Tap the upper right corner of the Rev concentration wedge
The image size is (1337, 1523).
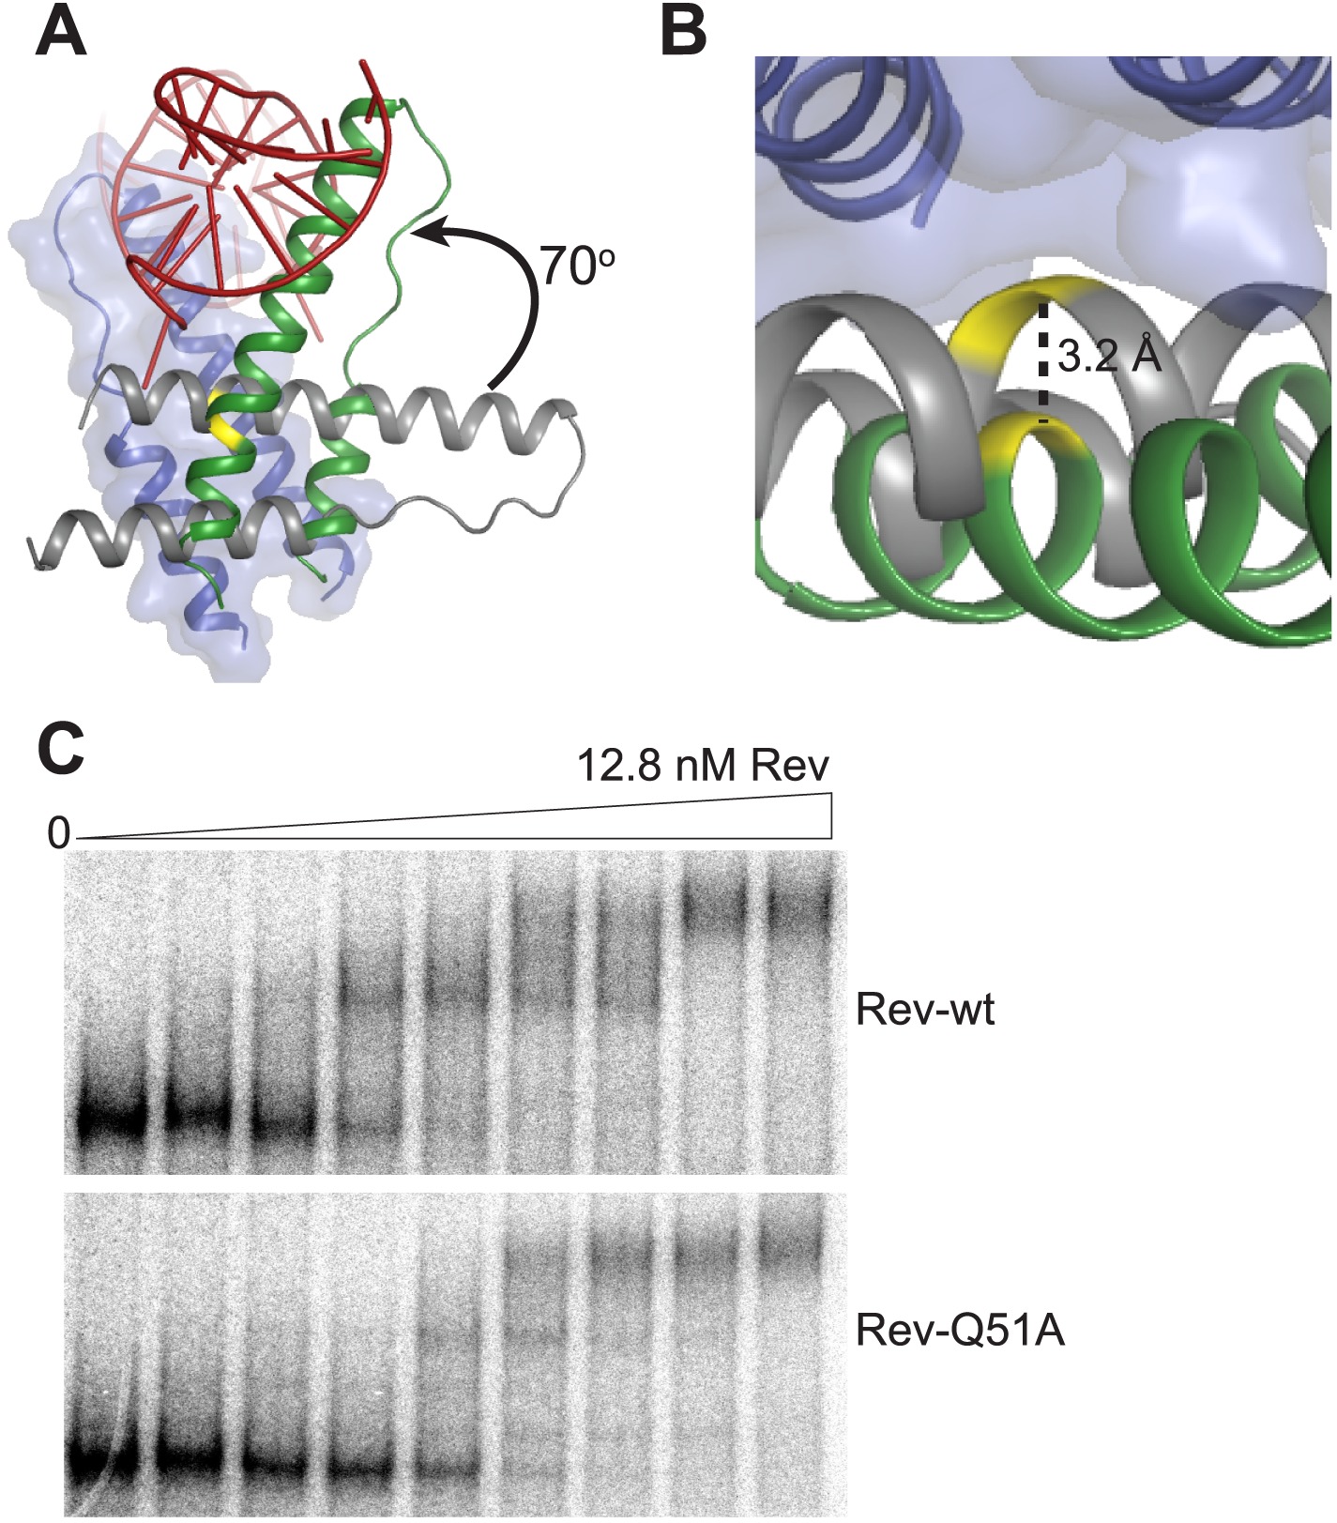(x=831, y=794)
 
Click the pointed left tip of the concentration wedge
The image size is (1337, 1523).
(x=77, y=838)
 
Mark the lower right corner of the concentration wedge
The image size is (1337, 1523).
(x=831, y=838)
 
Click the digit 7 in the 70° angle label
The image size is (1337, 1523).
(x=554, y=267)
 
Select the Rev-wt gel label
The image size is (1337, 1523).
(x=925, y=1011)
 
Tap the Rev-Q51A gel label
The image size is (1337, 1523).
(x=961, y=1331)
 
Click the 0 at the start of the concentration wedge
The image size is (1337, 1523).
(x=59, y=832)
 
